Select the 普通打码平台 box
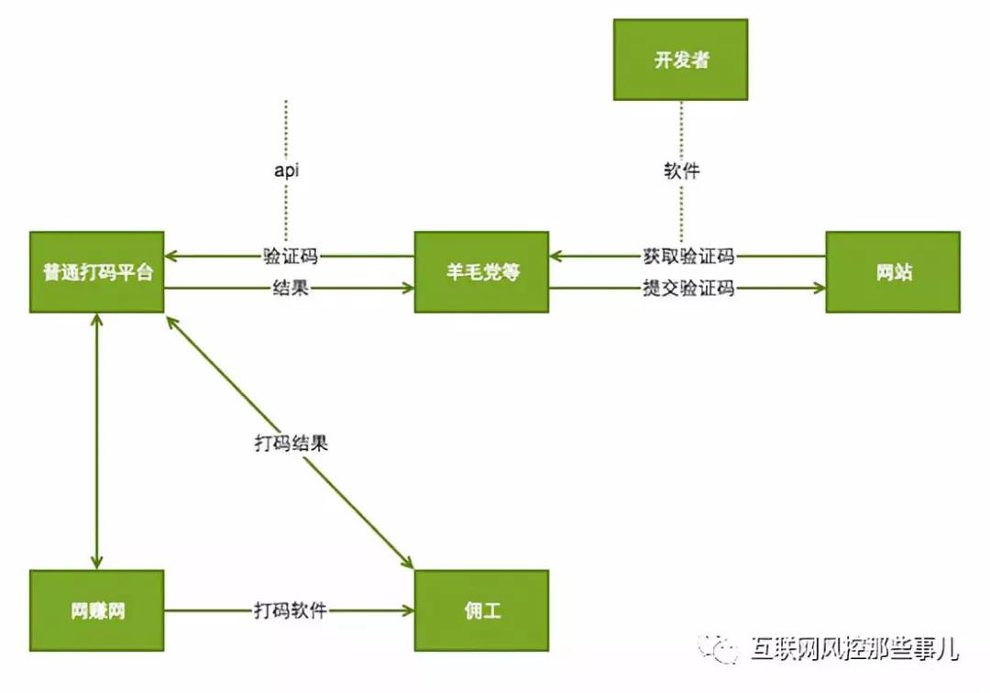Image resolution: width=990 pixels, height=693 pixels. pos(96,272)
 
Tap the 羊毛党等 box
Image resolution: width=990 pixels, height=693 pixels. pos(481,272)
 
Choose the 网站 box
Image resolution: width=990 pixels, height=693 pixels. pos(893,272)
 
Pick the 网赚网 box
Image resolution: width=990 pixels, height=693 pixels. pos(96,610)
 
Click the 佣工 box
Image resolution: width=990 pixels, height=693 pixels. pos(481,610)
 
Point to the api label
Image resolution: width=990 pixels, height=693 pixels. pos(287,170)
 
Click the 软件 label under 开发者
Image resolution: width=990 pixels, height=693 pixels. pos(681,170)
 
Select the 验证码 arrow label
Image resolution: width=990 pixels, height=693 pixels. pos(290,256)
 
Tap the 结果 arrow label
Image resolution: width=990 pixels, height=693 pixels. pos(290,289)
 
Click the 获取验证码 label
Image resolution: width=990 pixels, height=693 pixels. pos(687,256)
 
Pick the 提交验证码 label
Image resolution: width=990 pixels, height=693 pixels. pos(687,289)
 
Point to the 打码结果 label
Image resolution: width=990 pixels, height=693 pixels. pos(291,443)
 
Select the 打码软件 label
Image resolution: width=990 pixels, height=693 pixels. pos(290,610)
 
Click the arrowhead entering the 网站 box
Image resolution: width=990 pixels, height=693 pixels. pos(818,289)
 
